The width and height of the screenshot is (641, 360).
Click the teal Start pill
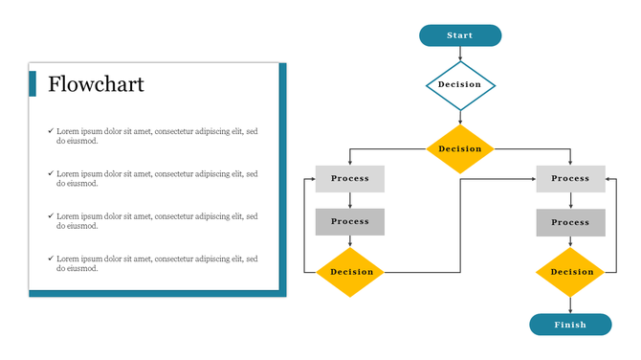tap(460, 35)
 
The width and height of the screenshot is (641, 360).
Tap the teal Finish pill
tap(570, 325)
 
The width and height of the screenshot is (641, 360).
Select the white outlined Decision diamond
tap(460, 85)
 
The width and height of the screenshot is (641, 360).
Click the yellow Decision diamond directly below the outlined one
tap(460, 148)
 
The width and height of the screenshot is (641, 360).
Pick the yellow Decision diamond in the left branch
tap(350, 272)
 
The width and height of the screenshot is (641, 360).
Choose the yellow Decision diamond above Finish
tap(570, 272)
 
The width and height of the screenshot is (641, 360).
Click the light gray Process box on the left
tap(350, 179)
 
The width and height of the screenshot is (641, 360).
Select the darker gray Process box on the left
tap(350, 222)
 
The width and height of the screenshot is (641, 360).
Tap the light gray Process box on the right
tap(570, 179)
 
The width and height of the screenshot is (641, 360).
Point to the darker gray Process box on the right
tap(570, 222)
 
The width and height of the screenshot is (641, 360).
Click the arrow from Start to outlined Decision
tap(460, 55)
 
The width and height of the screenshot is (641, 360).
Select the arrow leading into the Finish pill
tap(570, 304)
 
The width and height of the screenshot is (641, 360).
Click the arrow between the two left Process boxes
tap(350, 200)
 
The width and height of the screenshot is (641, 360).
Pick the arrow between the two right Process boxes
tap(570, 200)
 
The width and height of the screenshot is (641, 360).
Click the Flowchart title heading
tap(96, 85)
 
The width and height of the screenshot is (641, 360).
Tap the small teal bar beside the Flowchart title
tap(33, 84)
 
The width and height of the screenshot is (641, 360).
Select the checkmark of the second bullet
tap(51, 173)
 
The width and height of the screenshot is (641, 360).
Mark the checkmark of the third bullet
tap(51, 216)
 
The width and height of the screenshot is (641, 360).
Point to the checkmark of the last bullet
tap(51, 259)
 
